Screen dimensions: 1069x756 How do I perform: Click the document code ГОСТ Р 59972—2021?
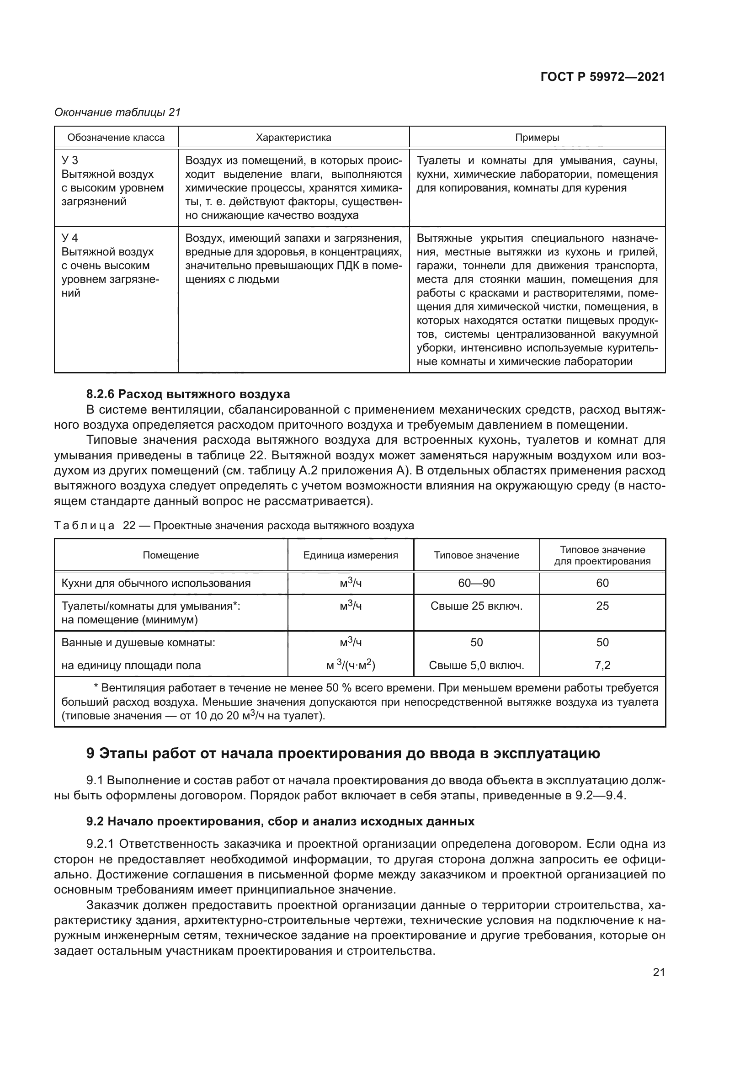pos(602,77)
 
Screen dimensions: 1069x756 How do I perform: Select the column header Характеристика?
pos(293,138)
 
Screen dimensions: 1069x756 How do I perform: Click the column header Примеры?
pos(537,138)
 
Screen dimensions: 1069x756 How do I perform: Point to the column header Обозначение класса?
pos(116,138)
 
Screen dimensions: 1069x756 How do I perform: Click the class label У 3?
pos(70,160)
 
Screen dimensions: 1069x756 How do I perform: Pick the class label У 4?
pos(70,238)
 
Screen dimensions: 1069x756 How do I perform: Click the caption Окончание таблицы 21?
pos(117,112)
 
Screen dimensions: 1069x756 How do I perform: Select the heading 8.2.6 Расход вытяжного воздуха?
pos(188,394)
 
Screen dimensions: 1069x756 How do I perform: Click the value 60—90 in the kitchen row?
pos(476,583)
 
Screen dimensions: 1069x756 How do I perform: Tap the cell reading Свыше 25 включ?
pos(476,606)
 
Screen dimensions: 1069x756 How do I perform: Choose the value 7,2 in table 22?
pos(602,665)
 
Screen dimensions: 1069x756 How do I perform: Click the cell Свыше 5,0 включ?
pos(476,665)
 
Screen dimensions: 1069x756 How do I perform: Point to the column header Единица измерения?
pos(351,555)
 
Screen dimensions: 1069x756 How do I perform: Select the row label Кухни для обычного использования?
pos(156,583)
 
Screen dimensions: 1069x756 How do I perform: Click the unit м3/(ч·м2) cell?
pos(351,665)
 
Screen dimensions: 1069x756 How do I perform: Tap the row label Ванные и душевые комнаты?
pos(138,643)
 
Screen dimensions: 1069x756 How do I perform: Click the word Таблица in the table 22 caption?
pos(84,526)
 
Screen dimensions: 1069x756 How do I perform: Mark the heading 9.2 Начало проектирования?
pos(280,821)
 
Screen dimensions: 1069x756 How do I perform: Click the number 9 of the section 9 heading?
pos(91,753)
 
